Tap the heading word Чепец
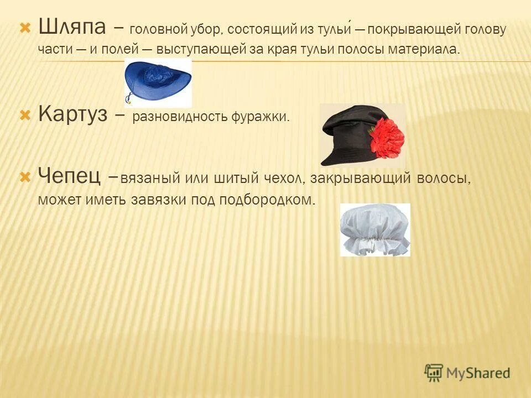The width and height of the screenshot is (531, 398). click(x=69, y=177)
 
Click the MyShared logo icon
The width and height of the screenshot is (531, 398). click(x=434, y=373)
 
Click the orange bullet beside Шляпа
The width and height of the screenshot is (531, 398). click(x=25, y=27)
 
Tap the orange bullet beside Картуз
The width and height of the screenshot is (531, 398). click(x=25, y=116)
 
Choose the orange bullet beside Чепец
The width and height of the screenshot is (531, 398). click(x=25, y=177)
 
